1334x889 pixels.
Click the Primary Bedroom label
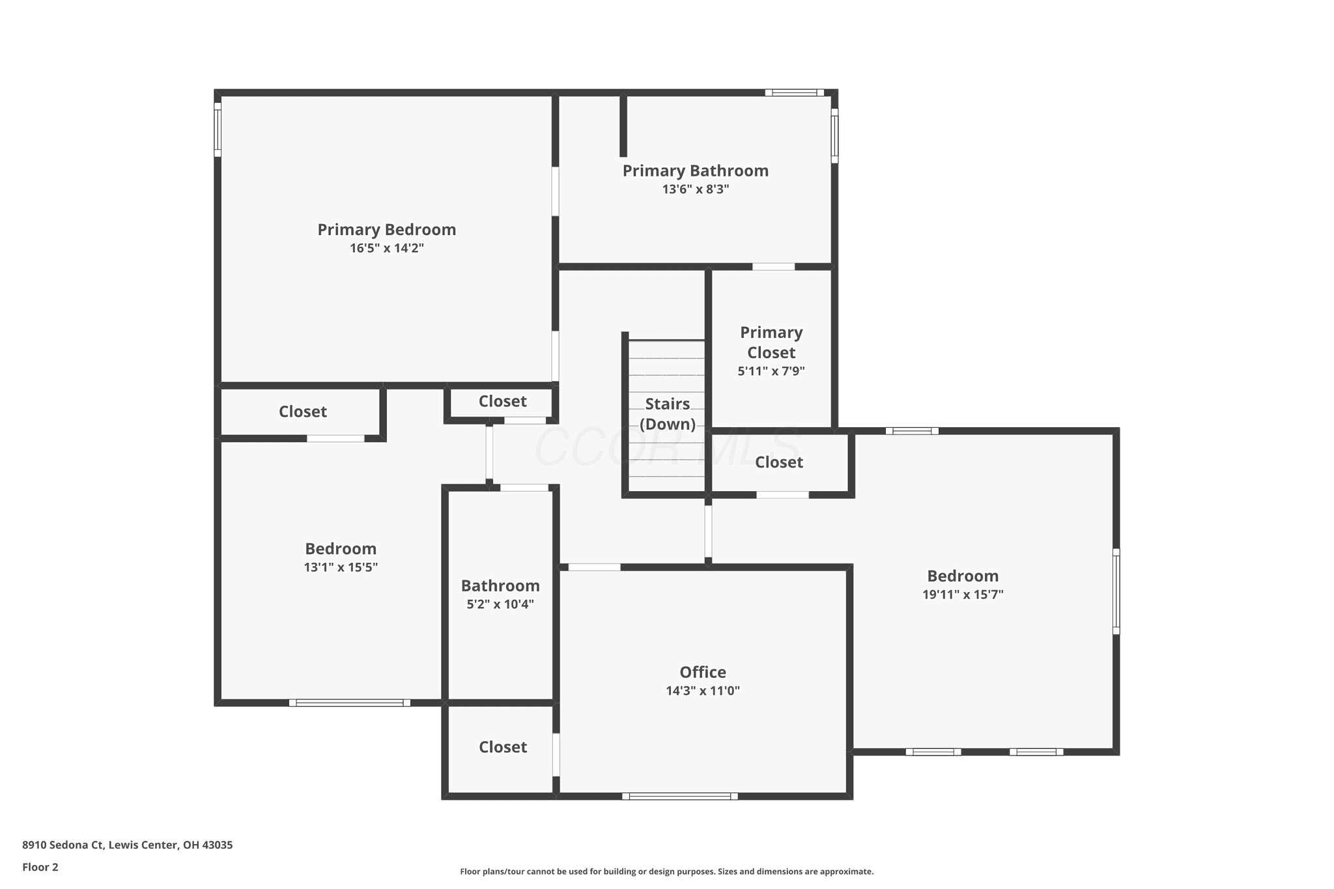pyautogui.click(x=387, y=230)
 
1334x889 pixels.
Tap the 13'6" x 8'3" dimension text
pyautogui.click(x=696, y=190)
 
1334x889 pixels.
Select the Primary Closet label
pyautogui.click(x=771, y=343)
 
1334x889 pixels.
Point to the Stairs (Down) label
pyautogui.click(x=668, y=414)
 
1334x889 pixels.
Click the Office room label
pyautogui.click(x=703, y=672)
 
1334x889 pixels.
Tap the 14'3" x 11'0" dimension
pyautogui.click(x=703, y=691)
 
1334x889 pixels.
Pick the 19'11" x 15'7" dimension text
pyautogui.click(x=963, y=595)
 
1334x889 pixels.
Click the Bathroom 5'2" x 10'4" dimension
pyautogui.click(x=500, y=604)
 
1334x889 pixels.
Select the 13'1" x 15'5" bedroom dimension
pyautogui.click(x=341, y=567)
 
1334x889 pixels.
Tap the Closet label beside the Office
pyautogui.click(x=503, y=747)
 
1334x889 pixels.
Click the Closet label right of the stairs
pyautogui.click(x=779, y=462)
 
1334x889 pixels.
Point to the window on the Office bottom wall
pyautogui.click(x=680, y=796)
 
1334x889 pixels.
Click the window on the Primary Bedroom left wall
pyautogui.click(x=218, y=130)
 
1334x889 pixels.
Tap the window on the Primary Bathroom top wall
pyautogui.click(x=795, y=92)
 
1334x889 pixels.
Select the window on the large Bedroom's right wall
pyautogui.click(x=1116, y=591)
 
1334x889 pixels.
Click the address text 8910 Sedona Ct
pyautogui.click(x=63, y=845)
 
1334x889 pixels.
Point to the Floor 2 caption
pyautogui.click(x=40, y=867)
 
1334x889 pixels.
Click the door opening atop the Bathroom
pyautogui.click(x=524, y=488)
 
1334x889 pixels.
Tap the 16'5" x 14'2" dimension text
pyautogui.click(x=387, y=248)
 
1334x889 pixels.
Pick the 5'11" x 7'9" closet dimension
pyautogui.click(x=771, y=372)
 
